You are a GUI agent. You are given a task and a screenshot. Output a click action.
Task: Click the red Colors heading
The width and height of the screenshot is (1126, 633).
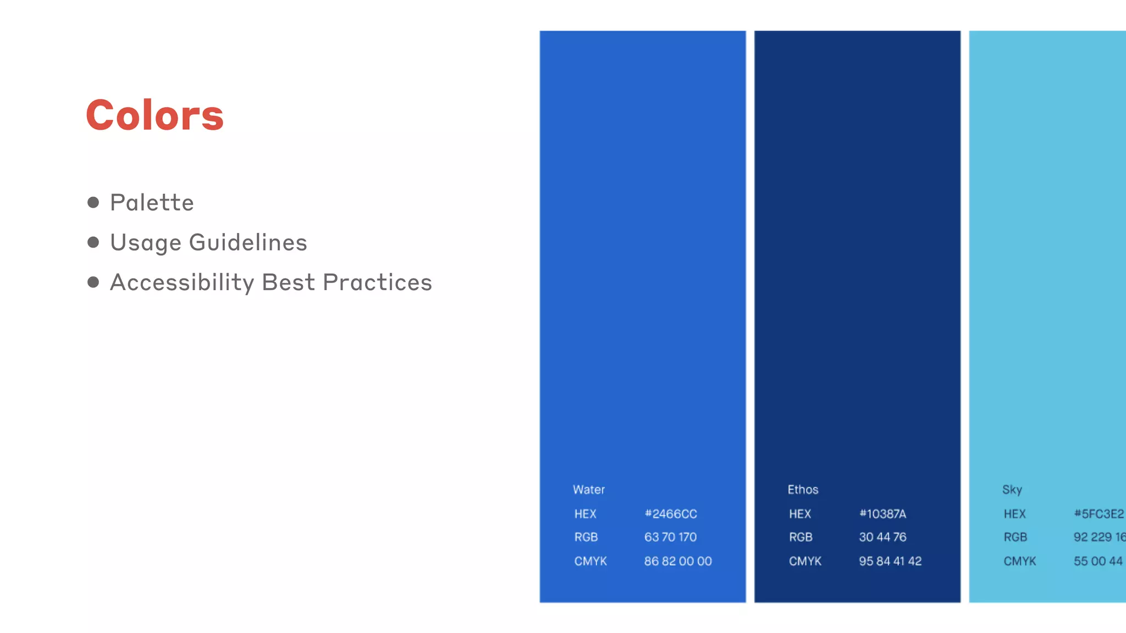(x=154, y=115)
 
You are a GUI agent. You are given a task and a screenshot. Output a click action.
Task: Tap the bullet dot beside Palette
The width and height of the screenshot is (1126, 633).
(x=93, y=203)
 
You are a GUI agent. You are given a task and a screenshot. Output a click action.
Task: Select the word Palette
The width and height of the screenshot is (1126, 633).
(x=152, y=203)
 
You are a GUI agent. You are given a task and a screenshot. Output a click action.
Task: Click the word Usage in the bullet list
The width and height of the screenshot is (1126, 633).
(x=146, y=243)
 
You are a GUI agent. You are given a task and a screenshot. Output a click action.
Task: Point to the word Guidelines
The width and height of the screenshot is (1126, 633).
(x=248, y=243)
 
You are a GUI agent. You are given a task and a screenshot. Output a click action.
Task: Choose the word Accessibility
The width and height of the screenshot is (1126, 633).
(x=182, y=283)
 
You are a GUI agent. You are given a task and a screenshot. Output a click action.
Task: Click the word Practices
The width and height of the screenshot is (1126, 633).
(x=377, y=282)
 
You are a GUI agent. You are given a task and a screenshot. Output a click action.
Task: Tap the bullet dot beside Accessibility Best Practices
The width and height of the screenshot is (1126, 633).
(x=93, y=282)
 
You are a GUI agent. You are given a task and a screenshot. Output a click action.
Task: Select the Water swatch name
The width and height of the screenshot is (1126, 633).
(x=588, y=490)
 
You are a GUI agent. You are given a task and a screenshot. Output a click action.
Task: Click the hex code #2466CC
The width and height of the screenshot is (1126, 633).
(x=671, y=514)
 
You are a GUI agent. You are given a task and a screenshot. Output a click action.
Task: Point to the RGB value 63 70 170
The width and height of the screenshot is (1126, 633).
(x=670, y=537)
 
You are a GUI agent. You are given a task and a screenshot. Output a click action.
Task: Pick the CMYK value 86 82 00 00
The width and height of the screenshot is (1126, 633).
(x=678, y=561)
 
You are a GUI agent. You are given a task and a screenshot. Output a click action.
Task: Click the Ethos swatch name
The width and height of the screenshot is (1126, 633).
(x=803, y=490)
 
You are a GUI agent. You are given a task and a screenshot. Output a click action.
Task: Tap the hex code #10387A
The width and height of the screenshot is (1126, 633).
(x=882, y=514)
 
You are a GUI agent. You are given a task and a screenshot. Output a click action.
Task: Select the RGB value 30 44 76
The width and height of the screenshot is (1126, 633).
(x=882, y=537)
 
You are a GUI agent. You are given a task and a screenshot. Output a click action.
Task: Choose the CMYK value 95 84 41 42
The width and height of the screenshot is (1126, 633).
(x=890, y=561)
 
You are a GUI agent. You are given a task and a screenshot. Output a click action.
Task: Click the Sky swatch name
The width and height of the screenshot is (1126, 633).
(x=1012, y=490)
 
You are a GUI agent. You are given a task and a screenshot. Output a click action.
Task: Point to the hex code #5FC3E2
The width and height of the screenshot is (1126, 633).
(x=1099, y=514)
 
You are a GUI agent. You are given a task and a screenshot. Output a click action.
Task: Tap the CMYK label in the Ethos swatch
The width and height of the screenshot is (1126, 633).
(x=805, y=561)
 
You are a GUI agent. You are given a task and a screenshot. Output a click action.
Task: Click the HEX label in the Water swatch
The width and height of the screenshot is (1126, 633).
(x=585, y=514)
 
